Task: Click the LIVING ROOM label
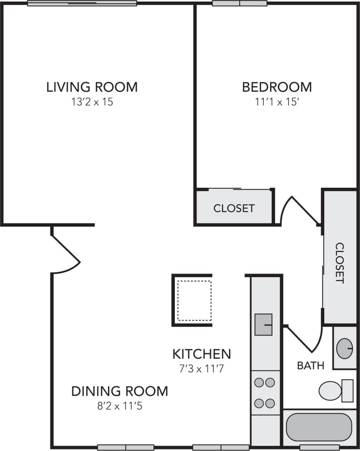coord(92,87)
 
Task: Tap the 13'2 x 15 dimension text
coord(92,102)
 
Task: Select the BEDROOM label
coord(277,87)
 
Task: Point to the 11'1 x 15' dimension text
coord(277,102)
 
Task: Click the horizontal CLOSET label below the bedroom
coord(234,208)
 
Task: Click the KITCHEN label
coord(201,353)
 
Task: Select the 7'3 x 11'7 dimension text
coord(201,369)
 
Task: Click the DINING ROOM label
coord(120,391)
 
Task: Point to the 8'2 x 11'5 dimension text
coord(120,406)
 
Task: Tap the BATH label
coord(310,365)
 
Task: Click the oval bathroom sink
coord(345,348)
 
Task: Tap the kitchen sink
coord(263,324)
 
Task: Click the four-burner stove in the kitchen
coord(265,393)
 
